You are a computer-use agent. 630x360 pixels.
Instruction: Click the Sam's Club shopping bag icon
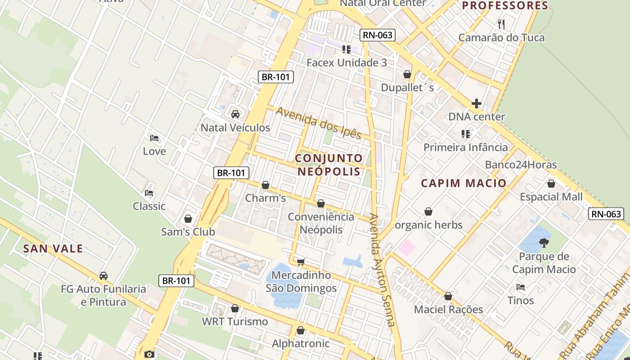188,219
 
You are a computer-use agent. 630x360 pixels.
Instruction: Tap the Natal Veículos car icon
235,114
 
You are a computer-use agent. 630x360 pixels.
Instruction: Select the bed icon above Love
154,138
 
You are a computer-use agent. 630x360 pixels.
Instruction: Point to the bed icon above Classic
149,193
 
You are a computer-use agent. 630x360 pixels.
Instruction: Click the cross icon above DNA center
477,103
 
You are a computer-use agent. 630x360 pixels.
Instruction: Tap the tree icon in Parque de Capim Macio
544,243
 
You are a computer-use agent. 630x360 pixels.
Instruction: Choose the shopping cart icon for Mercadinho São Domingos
301,262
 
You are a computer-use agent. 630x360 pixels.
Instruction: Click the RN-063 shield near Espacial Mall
606,214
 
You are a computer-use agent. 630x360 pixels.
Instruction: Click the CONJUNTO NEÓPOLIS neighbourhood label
329,165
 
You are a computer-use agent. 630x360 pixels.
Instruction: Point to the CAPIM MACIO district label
463,183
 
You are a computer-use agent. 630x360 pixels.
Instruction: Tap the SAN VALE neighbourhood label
53,248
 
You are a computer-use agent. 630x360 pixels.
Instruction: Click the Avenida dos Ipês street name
319,123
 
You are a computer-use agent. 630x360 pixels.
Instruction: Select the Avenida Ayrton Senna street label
382,270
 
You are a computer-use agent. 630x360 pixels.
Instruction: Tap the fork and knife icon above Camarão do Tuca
501,24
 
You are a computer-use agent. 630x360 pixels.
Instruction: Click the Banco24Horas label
521,165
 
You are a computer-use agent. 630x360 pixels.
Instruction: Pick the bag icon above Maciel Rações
448,296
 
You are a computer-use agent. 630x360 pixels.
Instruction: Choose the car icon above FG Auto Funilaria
103,275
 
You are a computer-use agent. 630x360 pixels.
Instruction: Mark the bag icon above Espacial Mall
551,184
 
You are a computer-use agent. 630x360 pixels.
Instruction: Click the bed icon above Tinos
521,287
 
